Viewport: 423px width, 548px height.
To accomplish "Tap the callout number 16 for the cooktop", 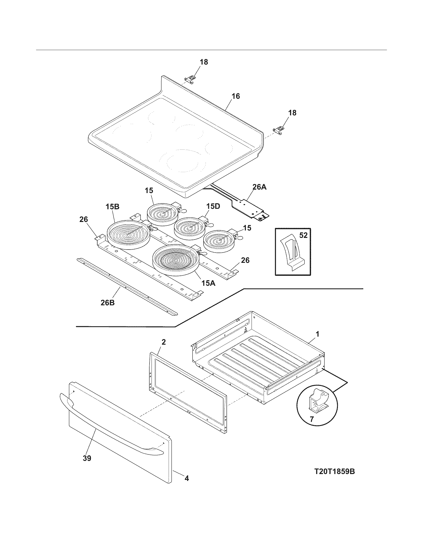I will [x=235, y=96].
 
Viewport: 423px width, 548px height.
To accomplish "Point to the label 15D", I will [x=213, y=206].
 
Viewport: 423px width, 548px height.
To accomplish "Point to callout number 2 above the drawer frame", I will [x=163, y=342].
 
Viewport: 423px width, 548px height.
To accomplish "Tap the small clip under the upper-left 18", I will [x=190, y=78].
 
